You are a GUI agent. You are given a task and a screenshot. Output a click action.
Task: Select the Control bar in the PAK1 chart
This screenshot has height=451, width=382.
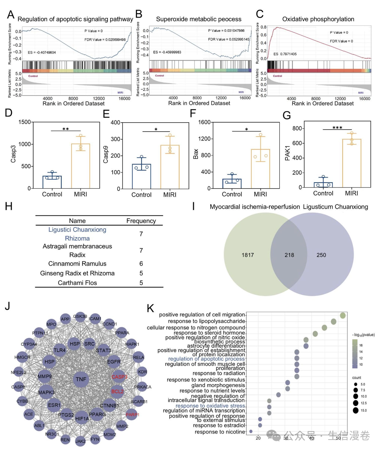[323, 185]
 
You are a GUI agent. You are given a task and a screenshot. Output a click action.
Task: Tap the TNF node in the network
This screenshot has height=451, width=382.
[81, 379]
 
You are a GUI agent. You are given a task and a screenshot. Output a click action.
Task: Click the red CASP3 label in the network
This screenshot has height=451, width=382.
[119, 377]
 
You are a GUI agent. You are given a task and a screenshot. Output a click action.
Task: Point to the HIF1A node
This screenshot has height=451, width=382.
[82, 418]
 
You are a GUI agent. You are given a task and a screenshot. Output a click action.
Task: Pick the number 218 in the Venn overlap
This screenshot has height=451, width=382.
[289, 255]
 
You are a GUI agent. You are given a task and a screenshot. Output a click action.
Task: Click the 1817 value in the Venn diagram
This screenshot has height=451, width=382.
[248, 255]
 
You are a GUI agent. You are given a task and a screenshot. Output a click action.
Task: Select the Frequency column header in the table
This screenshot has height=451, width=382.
[141, 221]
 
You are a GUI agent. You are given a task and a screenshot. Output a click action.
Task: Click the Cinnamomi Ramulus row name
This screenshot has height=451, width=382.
[77, 264]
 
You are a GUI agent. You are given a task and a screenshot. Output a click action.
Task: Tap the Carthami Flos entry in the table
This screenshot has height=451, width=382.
[77, 283]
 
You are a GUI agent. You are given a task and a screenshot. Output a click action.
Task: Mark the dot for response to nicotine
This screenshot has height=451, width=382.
[251, 432]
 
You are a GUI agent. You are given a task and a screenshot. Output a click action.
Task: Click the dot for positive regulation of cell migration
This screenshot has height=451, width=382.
[343, 315]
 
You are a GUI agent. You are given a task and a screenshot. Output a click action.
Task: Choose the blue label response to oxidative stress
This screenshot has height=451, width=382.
[210, 406]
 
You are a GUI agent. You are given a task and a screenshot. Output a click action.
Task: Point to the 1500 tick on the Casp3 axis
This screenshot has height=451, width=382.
[24, 122]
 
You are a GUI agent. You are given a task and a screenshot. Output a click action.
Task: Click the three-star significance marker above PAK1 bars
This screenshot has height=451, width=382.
[337, 128]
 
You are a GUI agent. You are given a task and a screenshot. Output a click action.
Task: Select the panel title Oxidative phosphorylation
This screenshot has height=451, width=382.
[318, 19]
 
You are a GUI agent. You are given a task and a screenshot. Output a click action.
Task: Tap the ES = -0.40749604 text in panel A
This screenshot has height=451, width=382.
[42, 53]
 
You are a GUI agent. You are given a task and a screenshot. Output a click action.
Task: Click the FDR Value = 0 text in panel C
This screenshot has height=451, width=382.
[341, 41]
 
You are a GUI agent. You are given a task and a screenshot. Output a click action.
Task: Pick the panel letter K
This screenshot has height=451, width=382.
[151, 308]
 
